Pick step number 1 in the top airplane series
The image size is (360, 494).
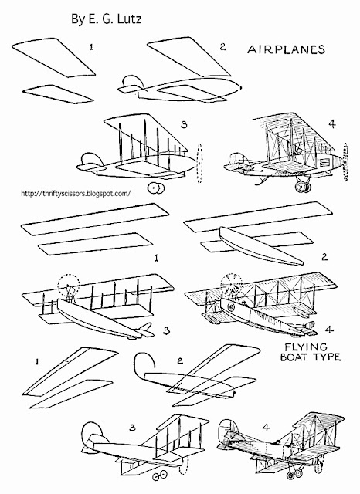[x=93, y=47]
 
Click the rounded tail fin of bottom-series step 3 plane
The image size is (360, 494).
[x=90, y=438]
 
